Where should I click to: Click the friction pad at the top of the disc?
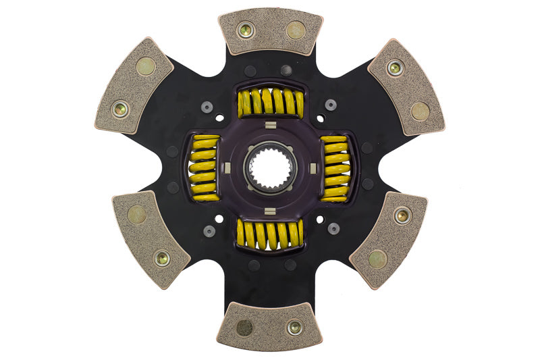(270, 31)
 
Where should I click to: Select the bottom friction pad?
(270, 326)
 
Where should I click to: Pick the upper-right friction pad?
(405, 86)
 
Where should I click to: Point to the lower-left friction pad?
(151, 238)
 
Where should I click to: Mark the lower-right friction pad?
(389, 238)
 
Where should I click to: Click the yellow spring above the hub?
(270, 103)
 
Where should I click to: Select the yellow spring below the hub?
(270, 234)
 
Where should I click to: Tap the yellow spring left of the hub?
(205, 168)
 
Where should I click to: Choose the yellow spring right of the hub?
(334, 168)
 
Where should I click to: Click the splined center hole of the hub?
(270, 168)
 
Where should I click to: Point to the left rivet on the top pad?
(246, 30)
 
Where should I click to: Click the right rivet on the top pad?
(295, 30)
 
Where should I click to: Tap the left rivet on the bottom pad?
(245, 328)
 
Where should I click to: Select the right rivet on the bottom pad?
(294, 328)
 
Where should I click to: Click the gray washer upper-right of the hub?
(331, 105)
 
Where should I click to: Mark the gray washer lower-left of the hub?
(209, 230)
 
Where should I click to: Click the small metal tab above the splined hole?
(269, 126)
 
